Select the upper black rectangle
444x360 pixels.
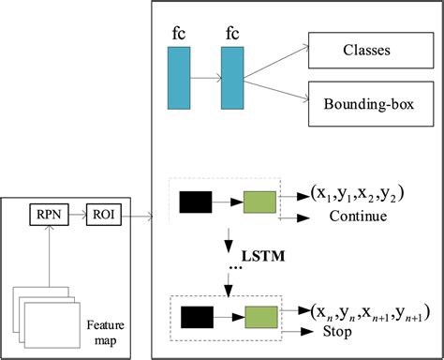(x=196, y=200)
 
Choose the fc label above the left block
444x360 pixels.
(x=179, y=32)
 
